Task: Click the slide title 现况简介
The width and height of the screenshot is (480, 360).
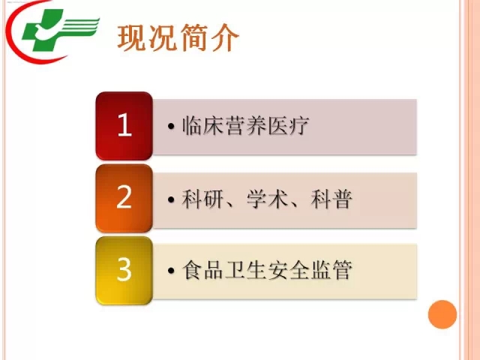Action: [178, 37]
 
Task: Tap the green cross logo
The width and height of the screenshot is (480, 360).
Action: [43, 31]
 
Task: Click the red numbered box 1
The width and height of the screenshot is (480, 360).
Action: [124, 125]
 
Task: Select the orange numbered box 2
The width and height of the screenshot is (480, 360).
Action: [124, 198]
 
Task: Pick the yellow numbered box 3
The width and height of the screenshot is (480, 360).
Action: [124, 270]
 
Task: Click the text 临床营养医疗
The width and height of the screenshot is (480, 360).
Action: [245, 126]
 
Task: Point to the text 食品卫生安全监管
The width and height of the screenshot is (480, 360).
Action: [267, 270]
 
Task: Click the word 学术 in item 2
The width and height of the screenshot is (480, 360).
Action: [268, 199]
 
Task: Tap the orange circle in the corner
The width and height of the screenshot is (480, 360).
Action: [442, 314]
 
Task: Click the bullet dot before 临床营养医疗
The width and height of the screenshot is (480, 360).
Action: [171, 126]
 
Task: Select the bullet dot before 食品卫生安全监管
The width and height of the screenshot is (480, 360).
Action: [171, 270]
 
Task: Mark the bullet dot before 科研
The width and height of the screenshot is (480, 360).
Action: [171, 199]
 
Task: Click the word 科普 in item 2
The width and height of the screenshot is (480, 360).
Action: [331, 199]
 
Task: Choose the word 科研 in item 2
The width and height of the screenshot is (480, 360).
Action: [202, 199]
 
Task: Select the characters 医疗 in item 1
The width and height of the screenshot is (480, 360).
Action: [288, 126]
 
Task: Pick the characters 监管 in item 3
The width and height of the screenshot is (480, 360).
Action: [331, 270]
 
